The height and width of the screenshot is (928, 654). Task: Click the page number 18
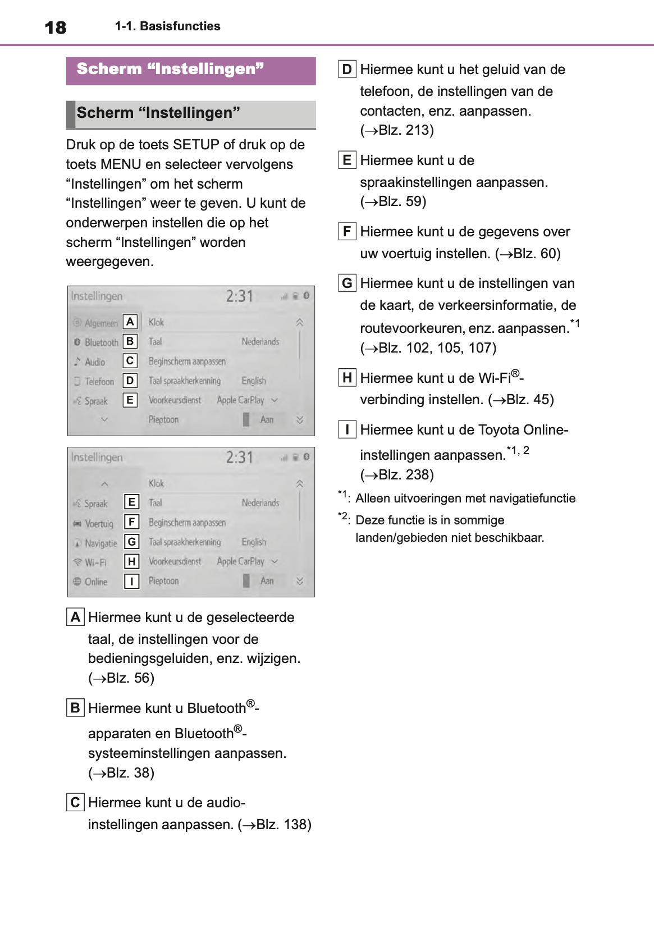[x=56, y=28]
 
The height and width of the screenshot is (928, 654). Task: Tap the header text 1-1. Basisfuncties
[x=167, y=26]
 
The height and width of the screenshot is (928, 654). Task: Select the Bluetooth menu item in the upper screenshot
[x=101, y=342]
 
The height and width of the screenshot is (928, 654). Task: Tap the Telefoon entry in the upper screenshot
[x=99, y=382]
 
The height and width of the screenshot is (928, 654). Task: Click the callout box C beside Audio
[x=130, y=361]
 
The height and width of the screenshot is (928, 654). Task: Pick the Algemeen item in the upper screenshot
[x=101, y=323]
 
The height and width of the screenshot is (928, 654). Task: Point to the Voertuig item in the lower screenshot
[x=99, y=524]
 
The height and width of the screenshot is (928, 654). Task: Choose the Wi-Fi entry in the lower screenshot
[x=95, y=563]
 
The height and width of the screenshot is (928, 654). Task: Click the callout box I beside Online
[x=131, y=581]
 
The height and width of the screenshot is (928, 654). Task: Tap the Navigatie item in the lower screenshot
[x=100, y=543]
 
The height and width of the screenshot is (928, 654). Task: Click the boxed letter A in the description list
[x=75, y=617]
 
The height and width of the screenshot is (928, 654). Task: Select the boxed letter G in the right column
[x=347, y=283]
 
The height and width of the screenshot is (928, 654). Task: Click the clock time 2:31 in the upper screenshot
[x=240, y=296]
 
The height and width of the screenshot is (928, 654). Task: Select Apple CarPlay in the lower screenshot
[x=240, y=561]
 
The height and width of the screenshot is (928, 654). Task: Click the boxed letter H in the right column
[x=347, y=378]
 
